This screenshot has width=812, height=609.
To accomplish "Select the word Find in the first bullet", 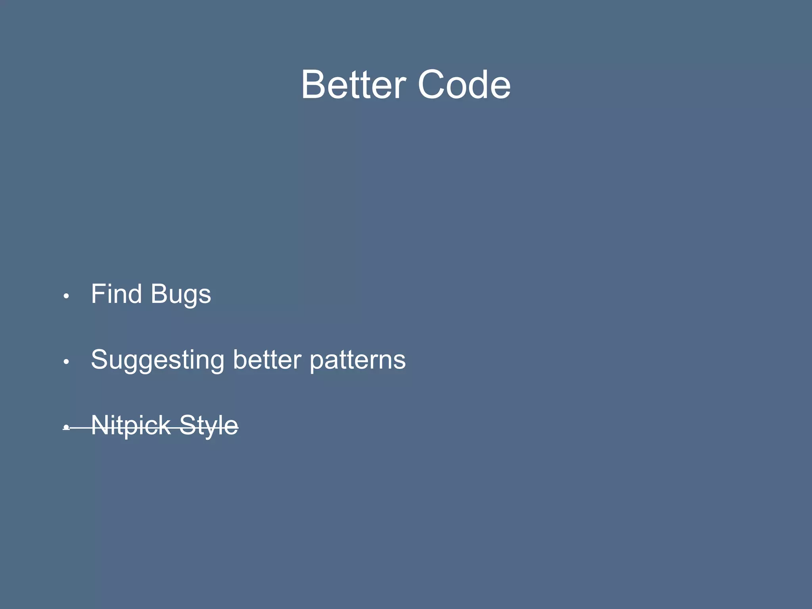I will click(x=116, y=294).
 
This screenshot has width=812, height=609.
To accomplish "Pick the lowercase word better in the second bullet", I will click(x=267, y=360).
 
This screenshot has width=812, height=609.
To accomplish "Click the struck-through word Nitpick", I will click(x=131, y=426).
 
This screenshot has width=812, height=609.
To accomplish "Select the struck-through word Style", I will click(x=209, y=426).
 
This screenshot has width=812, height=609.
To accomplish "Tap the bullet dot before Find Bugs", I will click(x=67, y=296).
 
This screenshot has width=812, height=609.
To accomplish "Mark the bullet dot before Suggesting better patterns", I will click(x=67, y=362).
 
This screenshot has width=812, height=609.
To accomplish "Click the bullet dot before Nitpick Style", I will click(x=67, y=427).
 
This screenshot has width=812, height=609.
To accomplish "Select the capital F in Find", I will click(x=99, y=294).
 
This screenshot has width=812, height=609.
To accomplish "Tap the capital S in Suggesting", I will click(x=101, y=360).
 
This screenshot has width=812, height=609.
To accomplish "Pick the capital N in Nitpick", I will click(x=101, y=425).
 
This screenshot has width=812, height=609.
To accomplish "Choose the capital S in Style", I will click(x=188, y=425).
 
